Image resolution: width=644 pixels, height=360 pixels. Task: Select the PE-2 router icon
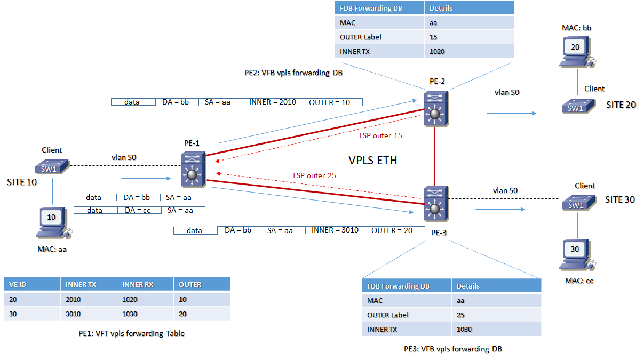[436, 109]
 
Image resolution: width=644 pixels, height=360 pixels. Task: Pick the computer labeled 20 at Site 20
[575, 51]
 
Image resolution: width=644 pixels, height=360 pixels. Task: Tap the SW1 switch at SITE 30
[575, 204]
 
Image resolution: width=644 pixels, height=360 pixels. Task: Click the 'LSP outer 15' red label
[380, 135]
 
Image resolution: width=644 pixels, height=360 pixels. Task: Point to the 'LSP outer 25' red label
[314, 175]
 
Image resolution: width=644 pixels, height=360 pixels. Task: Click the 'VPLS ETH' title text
[372, 160]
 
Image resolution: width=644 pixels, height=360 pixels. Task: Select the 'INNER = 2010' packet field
[273, 102]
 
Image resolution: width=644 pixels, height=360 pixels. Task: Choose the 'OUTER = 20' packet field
[392, 230]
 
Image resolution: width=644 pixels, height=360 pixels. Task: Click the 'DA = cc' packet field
[138, 210]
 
